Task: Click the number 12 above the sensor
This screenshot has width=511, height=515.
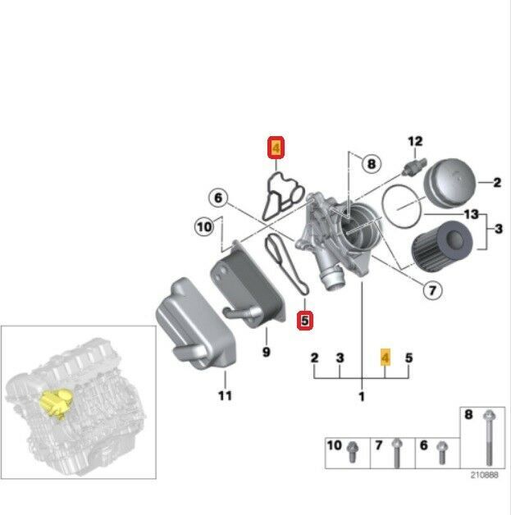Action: (414, 142)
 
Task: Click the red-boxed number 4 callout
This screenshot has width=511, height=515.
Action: (276, 148)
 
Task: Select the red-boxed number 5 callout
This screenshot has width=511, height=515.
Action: (304, 321)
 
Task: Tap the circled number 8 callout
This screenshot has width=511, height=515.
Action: (371, 164)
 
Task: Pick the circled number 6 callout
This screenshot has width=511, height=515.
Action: (217, 198)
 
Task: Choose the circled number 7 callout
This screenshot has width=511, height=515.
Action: (432, 289)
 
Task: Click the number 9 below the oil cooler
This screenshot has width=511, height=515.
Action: (265, 353)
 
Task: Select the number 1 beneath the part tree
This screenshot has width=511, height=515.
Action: (362, 398)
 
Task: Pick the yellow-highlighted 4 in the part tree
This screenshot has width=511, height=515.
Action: (386, 358)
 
